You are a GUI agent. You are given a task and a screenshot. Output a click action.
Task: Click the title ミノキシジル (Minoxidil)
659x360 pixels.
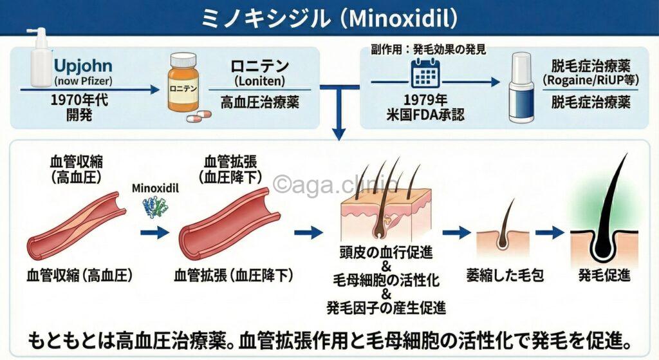tap(329, 17)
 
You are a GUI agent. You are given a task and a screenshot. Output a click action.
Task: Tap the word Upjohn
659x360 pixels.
tap(84, 66)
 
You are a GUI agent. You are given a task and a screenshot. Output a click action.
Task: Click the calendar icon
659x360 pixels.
tap(424, 75)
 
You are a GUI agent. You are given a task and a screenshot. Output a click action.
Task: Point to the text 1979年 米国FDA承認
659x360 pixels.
tap(425, 108)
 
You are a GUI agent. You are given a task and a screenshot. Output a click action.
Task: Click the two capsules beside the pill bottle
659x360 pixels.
tap(198, 117)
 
